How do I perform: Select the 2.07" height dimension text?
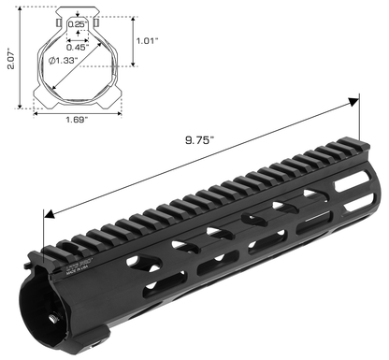point(9,61)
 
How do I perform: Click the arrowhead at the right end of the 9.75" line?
point(356,97)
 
